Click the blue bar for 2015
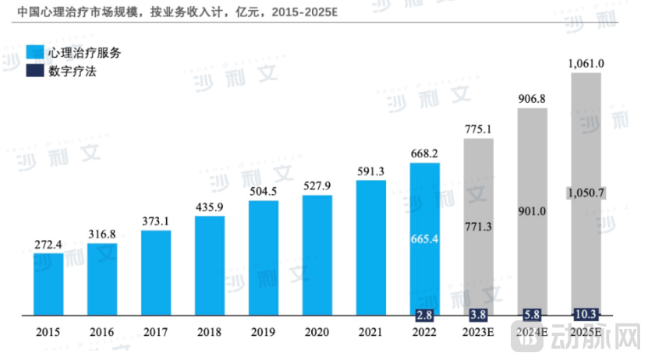48,284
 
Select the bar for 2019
264,258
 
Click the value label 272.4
48,244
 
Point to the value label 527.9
317,185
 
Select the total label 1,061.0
586,63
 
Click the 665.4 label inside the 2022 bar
425,238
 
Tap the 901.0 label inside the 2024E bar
533,210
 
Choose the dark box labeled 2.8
425,316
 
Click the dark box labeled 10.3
586,314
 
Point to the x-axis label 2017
155,333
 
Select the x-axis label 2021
371,333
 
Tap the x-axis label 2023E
479,333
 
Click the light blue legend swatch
35,53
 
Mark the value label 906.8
533,99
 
